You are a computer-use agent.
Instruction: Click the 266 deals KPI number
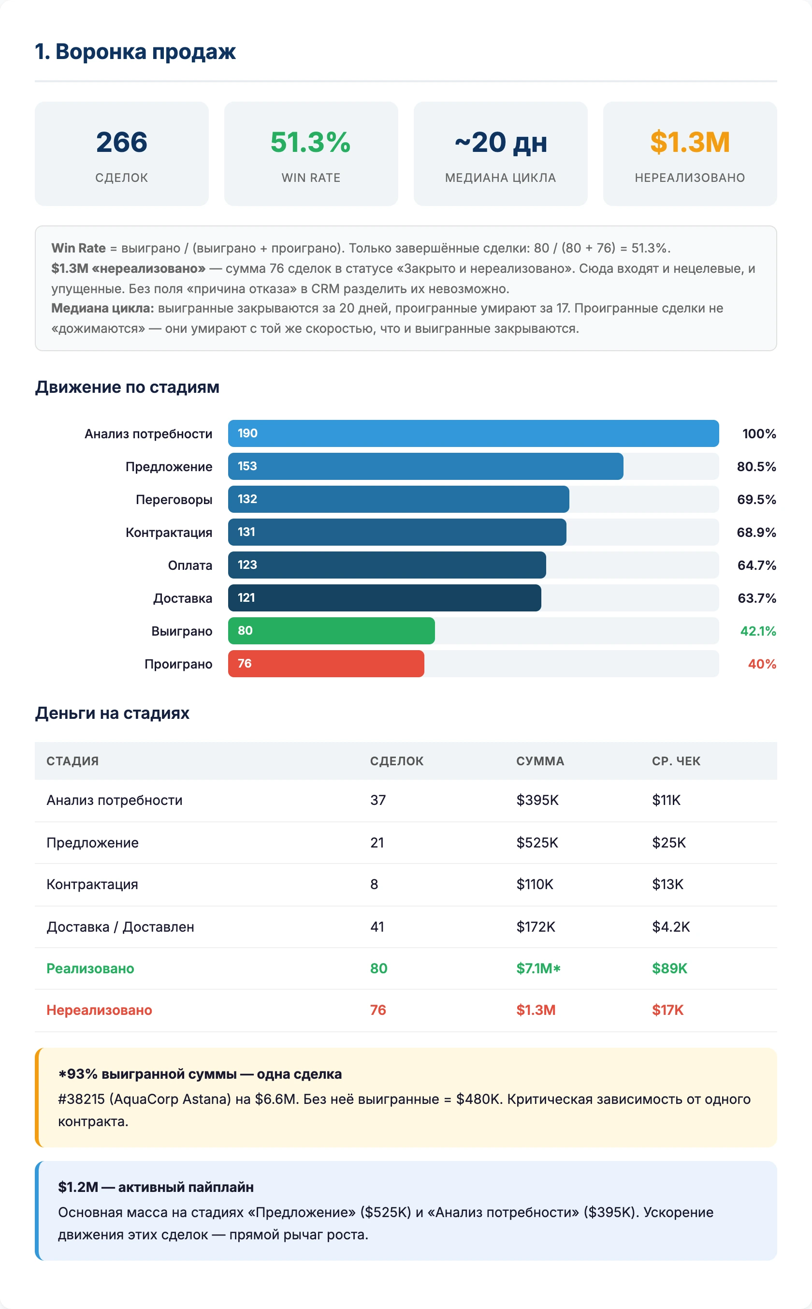click(121, 142)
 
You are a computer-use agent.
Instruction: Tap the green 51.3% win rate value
click(310, 142)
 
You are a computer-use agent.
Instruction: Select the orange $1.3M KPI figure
click(690, 142)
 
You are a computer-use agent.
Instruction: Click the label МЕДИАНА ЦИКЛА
click(500, 178)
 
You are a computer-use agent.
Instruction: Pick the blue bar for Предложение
click(425, 466)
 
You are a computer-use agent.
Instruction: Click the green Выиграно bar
click(332, 631)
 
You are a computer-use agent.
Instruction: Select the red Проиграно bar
click(326, 664)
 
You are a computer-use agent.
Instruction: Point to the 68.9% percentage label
click(756, 533)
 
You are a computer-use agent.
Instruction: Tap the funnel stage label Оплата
click(190, 565)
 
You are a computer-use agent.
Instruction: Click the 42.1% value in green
click(758, 631)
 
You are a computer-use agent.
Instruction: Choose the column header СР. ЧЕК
click(676, 761)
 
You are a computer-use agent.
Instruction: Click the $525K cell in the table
click(537, 843)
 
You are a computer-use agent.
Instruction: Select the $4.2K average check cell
click(671, 927)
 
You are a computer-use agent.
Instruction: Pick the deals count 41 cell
click(377, 927)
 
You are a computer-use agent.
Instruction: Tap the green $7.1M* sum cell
click(538, 968)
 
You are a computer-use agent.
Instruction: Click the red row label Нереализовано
click(100, 1010)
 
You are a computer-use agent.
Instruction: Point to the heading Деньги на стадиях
click(112, 713)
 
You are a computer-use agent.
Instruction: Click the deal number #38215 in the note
click(82, 1100)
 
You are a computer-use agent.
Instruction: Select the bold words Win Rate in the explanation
click(78, 248)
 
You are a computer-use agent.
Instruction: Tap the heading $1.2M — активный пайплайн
click(156, 1187)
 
